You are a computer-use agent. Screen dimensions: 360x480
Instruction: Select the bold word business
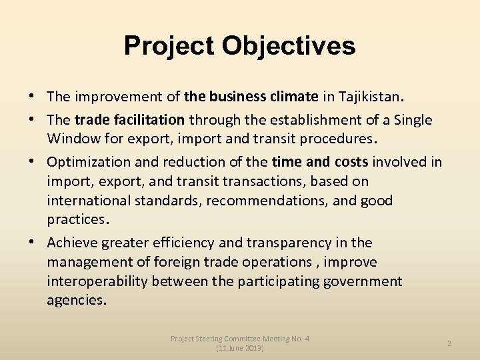click(x=238, y=97)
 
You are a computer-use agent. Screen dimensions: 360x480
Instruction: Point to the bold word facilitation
click(x=147, y=120)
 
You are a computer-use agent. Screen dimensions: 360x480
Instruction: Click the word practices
click(x=75, y=219)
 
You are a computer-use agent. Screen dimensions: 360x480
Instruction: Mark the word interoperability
click(x=97, y=281)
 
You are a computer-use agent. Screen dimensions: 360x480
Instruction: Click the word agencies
click(x=75, y=301)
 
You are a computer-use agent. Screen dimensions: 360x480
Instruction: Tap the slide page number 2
click(x=449, y=343)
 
